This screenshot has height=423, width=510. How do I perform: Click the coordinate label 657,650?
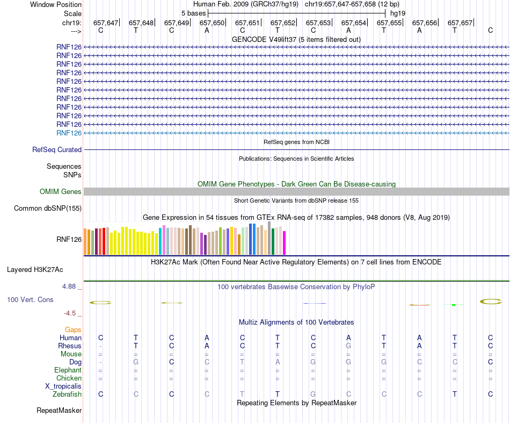(x=212, y=23)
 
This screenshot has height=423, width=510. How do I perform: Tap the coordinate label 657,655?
(x=389, y=23)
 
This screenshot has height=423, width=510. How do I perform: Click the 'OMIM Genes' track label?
(x=61, y=191)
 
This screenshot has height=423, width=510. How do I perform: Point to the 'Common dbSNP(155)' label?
(x=48, y=208)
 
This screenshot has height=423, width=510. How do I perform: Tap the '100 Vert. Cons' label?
(x=30, y=299)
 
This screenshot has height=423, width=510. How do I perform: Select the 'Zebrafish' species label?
(x=68, y=394)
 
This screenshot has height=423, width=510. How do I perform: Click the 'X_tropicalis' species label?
(x=63, y=386)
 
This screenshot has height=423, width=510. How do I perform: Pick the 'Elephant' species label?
(x=68, y=370)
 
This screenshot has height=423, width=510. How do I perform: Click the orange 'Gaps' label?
(x=73, y=329)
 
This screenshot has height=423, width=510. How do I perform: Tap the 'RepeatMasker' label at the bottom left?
(x=59, y=411)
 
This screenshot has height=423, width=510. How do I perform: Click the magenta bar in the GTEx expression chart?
(x=285, y=243)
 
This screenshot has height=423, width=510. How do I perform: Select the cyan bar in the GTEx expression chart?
(x=161, y=241)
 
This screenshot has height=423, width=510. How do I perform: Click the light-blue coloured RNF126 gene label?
(x=69, y=133)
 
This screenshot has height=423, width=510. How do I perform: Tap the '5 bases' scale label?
(x=193, y=13)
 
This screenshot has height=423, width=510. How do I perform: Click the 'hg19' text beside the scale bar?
(x=398, y=13)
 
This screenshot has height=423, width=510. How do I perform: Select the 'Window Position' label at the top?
(x=56, y=4)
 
